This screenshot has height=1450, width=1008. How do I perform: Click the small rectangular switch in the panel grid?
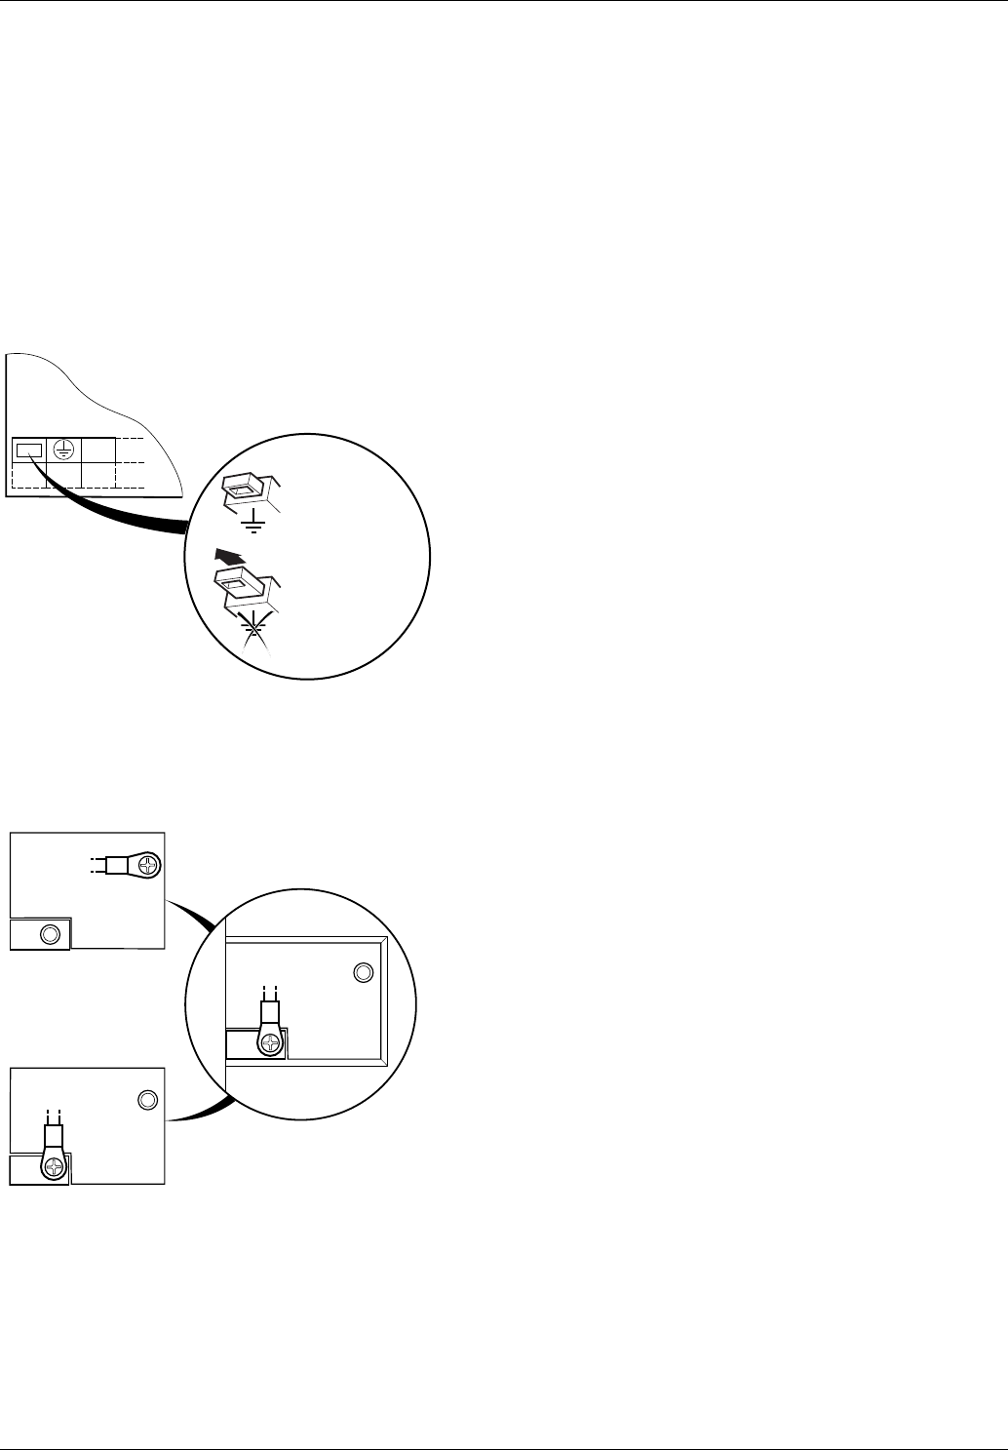point(29,451)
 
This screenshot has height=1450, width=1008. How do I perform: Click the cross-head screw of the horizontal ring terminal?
point(147,865)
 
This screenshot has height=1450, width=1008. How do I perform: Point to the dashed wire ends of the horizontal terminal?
point(96,865)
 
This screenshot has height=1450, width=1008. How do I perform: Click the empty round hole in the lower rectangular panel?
point(146,1100)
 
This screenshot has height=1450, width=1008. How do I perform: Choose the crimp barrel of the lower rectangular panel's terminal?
point(54,1135)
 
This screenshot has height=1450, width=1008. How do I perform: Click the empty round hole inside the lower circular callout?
point(363,972)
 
